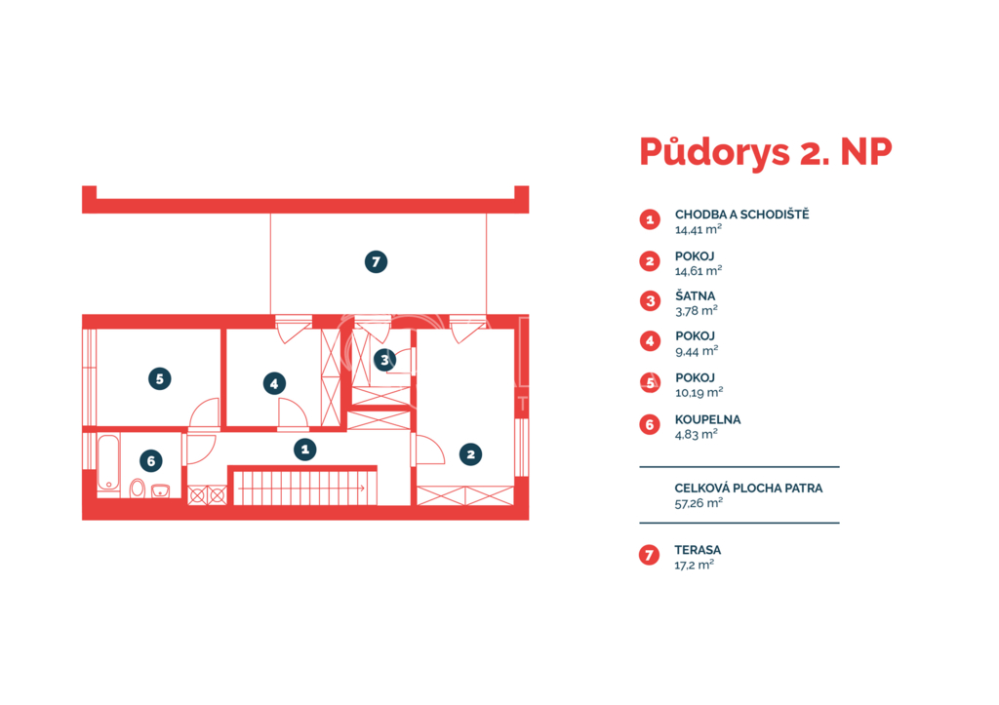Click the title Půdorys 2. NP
tap(765, 152)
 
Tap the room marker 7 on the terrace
tap(376, 261)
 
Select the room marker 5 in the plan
tap(160, 379)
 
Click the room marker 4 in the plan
tap(274, 383)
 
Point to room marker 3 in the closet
tap(384, 361)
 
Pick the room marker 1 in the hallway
tap(305, 450)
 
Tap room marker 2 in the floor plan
tap(471, 454)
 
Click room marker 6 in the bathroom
tap(151, 461)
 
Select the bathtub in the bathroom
tap(109, 463)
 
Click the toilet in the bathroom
tap(137, 489)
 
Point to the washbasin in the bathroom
tap(161, 490)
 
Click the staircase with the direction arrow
tap(303, 487)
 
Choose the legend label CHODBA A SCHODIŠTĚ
tap(742, 215)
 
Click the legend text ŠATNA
tap(695, 296)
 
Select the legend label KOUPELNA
tap(708, 419)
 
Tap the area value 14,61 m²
tap(699, 271)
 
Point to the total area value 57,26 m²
tap(699, 503)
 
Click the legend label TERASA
tap(699, 550)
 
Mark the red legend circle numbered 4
tap(650, 341)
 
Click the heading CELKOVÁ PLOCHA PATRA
tap(748, 488)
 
